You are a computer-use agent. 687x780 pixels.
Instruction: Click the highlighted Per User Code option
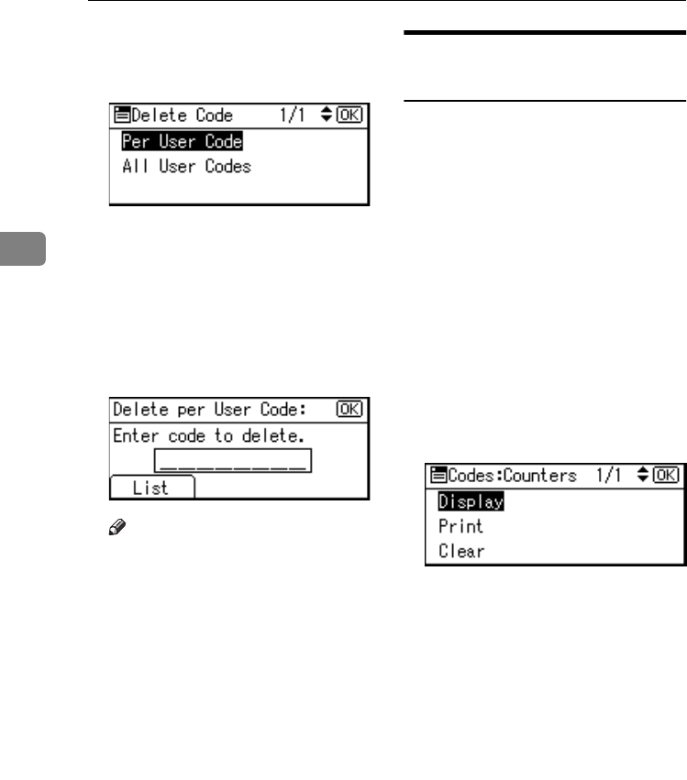pos(182,142)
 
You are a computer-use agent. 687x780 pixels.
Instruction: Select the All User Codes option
pos(186,167)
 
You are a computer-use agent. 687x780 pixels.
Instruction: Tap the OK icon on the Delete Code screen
pos(353,116)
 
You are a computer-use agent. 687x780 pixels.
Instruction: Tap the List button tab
pos(151,488)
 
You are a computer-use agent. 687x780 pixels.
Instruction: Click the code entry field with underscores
pos(233,461)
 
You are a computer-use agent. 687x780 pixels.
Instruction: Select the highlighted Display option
pos(471,502)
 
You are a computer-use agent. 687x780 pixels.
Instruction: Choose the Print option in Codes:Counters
pos(460,527)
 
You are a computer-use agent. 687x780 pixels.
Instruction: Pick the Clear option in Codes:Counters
pos(461,552)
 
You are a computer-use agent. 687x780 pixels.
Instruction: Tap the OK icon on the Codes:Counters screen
pos(670,476)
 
